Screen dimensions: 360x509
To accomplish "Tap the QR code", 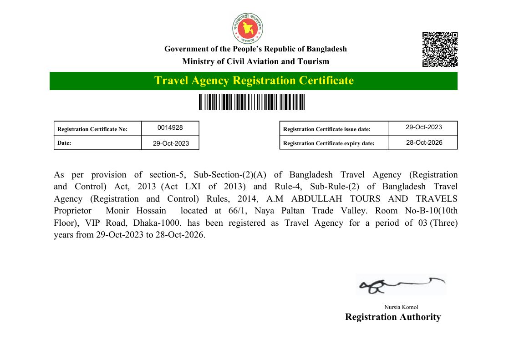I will [439, 50].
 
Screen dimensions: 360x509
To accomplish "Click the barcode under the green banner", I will [252, 102].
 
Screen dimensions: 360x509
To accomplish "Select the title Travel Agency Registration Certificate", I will [254, 81].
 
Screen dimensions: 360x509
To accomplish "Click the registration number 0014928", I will [170, 128].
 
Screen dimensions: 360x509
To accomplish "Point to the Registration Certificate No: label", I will [92, 129].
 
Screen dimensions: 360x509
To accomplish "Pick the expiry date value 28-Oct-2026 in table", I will [424, 142].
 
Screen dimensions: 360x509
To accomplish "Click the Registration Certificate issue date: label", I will [327, 129].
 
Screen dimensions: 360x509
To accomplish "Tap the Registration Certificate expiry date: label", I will [329, 143].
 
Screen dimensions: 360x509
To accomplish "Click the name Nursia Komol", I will [401, 307].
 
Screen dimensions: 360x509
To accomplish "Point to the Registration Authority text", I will [393, 317].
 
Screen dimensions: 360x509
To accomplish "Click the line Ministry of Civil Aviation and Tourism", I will [255, 61].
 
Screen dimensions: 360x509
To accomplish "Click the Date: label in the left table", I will [64, 143].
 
